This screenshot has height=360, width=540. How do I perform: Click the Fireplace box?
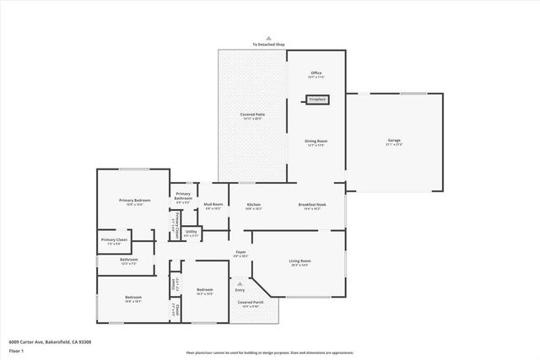(316, 99)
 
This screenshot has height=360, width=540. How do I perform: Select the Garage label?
(394, 141)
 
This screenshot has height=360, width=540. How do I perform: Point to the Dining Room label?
(316, 142)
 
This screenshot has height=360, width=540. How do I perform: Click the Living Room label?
(300, 261)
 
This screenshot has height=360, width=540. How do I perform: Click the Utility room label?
(192, 233)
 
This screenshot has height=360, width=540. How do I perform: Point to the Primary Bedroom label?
(134, 201)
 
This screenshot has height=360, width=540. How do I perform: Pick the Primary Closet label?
(114, 241)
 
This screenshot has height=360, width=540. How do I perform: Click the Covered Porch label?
(251, 303)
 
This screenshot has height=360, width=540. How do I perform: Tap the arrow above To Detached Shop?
(269, 38)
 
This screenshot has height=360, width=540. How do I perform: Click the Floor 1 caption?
(16, 350)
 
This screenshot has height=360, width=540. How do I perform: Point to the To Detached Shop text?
(269, 45)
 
